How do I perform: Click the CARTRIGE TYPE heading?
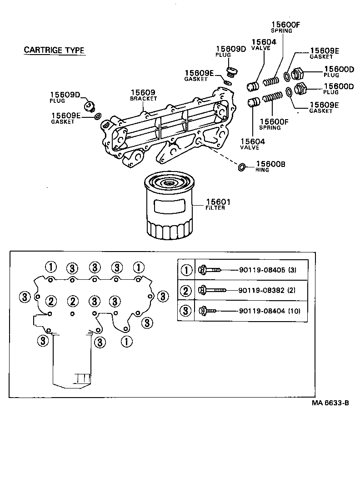pyautogui.click(x=54, y=50)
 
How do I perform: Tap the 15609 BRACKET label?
pyautogui.click(x=143, y=95)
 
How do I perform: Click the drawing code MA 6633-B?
pyautogui.click(x=330, y=403)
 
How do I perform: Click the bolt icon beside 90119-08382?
pyautogui.click(x=212, y=290)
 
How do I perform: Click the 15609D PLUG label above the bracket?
pyautogui.click(x=230, y=51)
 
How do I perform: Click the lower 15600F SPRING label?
pyautogui.click(x=274, y=124)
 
